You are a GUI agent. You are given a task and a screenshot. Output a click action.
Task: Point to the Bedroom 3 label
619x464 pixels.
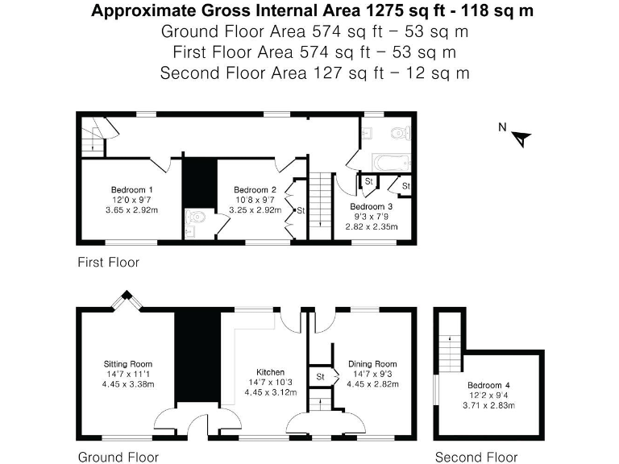click(x=371, y=207)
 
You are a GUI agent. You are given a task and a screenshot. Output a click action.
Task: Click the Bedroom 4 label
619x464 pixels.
click(x=489, y=385)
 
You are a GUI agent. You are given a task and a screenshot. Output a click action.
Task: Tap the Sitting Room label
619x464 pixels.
click(x=128, y=364)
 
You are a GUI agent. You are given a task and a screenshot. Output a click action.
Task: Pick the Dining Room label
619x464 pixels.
click(x=372, y=364)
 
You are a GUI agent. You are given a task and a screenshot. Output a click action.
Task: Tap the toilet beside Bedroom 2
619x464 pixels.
click(x=195, y=217)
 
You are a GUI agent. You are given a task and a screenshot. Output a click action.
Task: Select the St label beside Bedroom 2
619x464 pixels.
click(x=300, y=211)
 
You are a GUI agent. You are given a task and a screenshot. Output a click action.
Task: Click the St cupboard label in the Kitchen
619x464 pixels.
click(x=320, y=375)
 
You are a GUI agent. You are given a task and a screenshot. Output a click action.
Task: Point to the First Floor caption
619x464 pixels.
click(x=108, y=262)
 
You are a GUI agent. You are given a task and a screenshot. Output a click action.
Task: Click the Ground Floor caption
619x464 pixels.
click(x=118, y=457)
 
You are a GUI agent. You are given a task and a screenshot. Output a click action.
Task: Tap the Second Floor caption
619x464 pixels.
click(x=476, y=457)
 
